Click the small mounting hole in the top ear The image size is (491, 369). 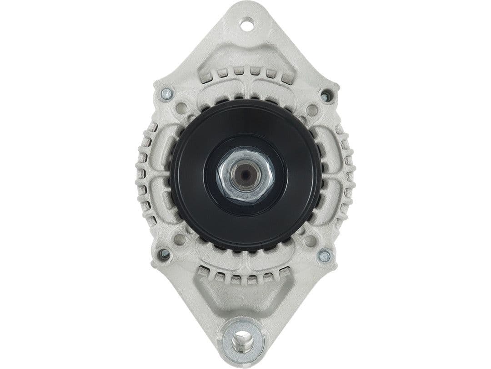click(247, 24)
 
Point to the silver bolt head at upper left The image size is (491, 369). click(167, 94)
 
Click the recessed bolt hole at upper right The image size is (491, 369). click(326, 96)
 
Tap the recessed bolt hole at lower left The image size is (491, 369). click(164, 254)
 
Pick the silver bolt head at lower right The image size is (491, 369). click(324, 256)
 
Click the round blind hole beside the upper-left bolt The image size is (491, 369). click(181, 108)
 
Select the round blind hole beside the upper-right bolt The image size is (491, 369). click(312, 109)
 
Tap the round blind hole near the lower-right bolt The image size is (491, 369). click(310, 241)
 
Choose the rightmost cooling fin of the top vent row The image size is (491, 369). click(286, 77)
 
